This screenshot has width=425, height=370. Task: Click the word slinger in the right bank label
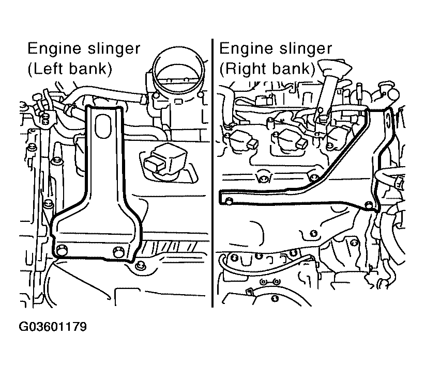306,49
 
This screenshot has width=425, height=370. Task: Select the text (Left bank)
70,69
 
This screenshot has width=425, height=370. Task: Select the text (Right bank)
267,69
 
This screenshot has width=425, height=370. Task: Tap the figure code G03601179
53,327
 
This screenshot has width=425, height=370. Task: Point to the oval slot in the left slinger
103,126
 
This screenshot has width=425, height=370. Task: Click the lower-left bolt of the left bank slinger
62,250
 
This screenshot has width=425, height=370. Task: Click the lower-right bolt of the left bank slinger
118,251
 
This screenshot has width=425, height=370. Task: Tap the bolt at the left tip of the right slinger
229,201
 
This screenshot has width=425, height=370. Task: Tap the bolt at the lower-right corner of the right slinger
369,205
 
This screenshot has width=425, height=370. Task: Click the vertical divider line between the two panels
212,173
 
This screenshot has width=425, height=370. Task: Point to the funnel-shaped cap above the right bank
333,69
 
